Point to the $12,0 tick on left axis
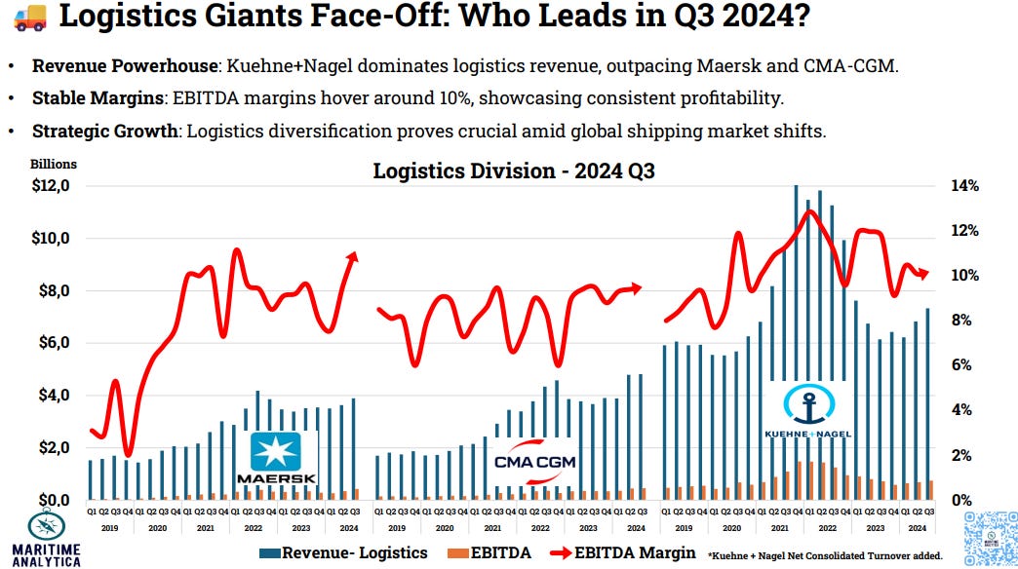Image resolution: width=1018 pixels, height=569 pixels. coord(49,186)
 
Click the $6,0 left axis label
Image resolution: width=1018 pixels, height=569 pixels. coord(49,343)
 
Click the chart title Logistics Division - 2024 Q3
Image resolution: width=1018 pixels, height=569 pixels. coord(514,171)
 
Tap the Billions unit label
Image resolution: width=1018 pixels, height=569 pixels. coord(52,165)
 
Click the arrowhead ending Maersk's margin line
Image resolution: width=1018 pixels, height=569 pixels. coord(353,256)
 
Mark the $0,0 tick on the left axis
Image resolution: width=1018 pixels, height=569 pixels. coord(49,500)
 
